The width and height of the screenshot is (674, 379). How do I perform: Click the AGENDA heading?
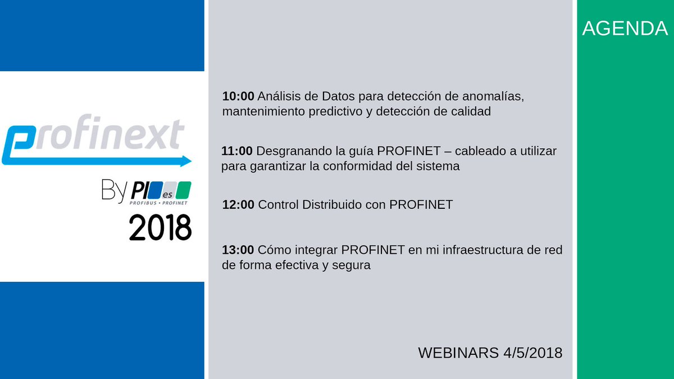pyautogui.click(x=625, y=29)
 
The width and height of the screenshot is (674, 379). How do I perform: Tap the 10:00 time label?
pyautogui.click(x=238, y=97)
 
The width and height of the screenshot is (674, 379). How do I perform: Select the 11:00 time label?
pyautogui.click(x=238, y=151)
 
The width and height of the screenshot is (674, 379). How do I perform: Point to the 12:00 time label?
pyautogui.click(x=238, y=205)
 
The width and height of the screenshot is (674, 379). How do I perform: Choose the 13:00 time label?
pyautogui.click(x=238, y=250)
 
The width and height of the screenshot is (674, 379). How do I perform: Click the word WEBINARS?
pyautogui.click(x=457, y=353)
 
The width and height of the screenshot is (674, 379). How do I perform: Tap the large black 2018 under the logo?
pyautogui.click(x=160, y=227)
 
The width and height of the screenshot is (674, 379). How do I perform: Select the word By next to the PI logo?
pyautogui.click(x=115, y=190)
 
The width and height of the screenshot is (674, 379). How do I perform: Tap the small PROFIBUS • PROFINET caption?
pyautogui.click(x=158, y=201)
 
